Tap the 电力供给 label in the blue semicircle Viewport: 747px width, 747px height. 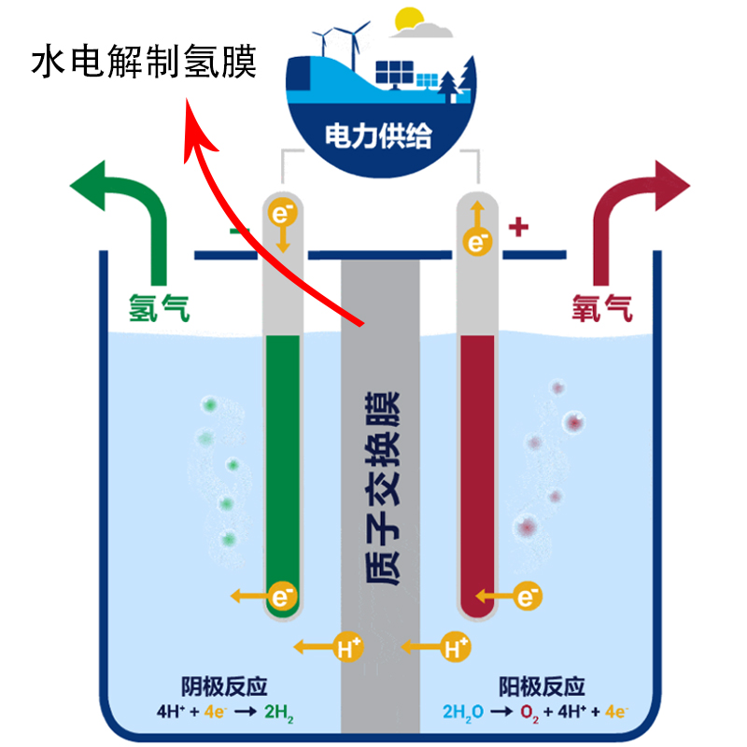(378, 137)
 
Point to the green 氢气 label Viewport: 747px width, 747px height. (159, 306)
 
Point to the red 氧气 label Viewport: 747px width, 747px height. (601, 305)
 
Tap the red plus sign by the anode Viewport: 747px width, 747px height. (519, 226)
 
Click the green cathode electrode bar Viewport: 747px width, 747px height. (283, 467)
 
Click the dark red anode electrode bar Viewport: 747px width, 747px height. (477, 467)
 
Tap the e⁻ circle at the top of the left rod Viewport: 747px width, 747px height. (282, 214)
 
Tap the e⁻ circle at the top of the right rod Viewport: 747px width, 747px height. (477, 244)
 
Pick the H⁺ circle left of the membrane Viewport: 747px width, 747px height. (349, 646)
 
